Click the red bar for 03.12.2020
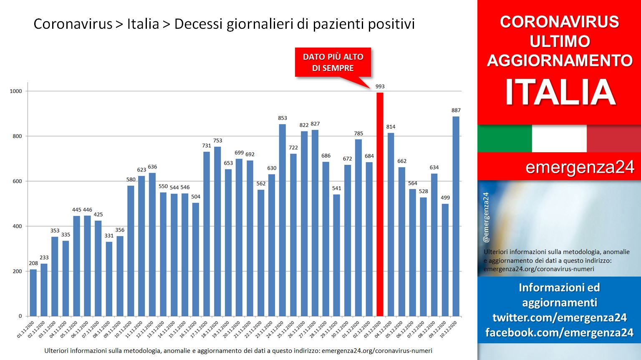380,204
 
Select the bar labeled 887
456,216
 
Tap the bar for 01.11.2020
33,293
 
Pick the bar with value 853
283,220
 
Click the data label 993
380,86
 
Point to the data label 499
445,198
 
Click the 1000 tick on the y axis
16,91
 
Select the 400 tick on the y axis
17,227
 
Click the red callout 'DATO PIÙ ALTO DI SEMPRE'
333,62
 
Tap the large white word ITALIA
560,92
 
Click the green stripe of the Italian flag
505,138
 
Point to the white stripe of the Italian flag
559,138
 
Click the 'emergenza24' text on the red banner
580,167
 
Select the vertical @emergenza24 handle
486,217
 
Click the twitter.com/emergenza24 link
560,317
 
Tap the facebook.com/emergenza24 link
560,332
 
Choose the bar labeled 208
33,293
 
